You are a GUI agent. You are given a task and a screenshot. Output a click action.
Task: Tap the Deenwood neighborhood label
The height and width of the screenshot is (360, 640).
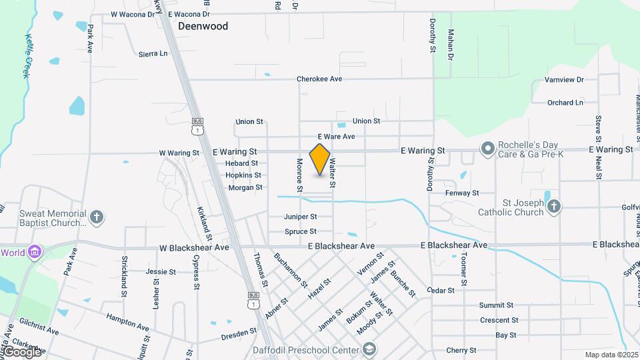click(x=203, y=27)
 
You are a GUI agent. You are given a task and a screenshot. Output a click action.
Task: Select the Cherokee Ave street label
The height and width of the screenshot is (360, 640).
click(x=319, y=79)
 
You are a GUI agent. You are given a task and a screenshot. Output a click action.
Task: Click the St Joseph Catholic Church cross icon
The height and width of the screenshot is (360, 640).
click(x=554, y=207)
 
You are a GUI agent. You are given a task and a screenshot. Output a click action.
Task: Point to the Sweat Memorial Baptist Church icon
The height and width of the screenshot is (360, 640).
click(x=97, y=217)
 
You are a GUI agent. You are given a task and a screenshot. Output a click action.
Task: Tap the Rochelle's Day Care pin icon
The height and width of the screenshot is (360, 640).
click(x=487, y=148)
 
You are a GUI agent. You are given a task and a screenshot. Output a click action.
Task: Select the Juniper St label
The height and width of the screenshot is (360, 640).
click(x=300, y=217)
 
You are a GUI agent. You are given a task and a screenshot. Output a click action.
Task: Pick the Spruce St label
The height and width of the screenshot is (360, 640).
click(x=300, y=232)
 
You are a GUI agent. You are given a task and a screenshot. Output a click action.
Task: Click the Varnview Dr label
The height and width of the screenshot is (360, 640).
click(x=564, y=80)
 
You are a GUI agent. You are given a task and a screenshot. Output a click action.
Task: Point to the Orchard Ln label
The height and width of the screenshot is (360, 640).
click(x=565, y=103)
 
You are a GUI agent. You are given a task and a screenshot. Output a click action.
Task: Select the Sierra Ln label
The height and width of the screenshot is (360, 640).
click(x=153, y=53)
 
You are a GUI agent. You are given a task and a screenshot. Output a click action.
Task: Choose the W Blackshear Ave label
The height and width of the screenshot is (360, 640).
click(x=194, y=247)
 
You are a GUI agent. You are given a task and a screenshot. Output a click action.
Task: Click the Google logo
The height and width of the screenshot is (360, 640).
click(x=21, y=351)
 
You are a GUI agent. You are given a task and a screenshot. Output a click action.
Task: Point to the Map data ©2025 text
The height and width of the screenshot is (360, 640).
click(x=611, y=355)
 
